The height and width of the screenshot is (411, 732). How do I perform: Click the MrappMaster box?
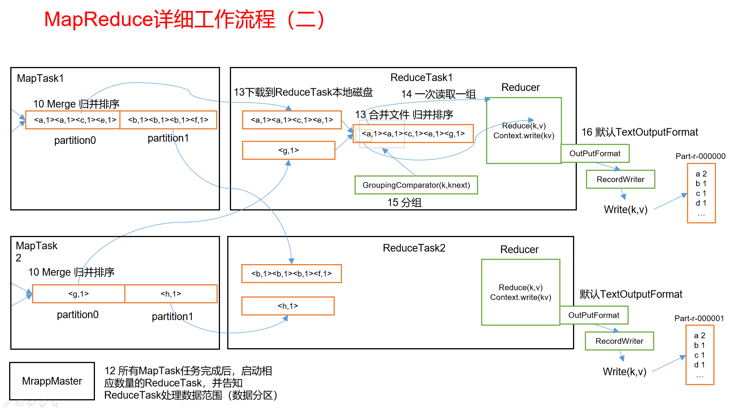pyautogui.click(x=52, y=381)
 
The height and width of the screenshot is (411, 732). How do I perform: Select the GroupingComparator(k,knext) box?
pyautogui.click(x=416, y=185)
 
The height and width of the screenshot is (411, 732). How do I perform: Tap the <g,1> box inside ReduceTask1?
pyautogui.click(x=289, y=150)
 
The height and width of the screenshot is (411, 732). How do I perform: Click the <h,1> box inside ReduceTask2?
pyautogui.click(x=288, y=306)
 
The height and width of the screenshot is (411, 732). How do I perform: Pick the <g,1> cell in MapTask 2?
pyautogui.click(x=79, y=294)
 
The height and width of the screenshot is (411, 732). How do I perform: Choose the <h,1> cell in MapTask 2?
pyautogui.click(x=171, y=294)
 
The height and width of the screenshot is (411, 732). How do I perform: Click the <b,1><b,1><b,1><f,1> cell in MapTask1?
pyautogui.click(x=168, y=120)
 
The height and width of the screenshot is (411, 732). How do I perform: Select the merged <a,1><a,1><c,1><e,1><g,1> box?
pyautogui.click(x=413, y=134)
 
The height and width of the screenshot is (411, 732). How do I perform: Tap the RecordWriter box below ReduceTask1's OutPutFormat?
pyautogui.click(x=620, y=179)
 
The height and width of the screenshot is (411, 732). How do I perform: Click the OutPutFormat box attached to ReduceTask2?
pyautogui.click(x=594, y=315)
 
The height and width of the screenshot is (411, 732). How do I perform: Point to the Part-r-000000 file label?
pyautogui.click(x=700, y=156)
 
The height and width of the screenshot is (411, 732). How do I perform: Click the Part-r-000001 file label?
pyautogui.click(x=699, y=318)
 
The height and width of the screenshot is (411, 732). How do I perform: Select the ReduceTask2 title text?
pyautogui.click(x=414, y=248)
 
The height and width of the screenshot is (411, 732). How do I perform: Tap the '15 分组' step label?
pyautogui.click(x=405, y=202)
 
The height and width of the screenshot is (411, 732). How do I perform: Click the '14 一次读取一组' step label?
pyautogui.click(x=438, y=94)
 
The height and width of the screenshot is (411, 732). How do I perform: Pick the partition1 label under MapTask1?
pyautogui.click(x=168, y=138)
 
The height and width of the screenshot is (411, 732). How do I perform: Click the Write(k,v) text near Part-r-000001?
pyautogui.click(x=624, y=371)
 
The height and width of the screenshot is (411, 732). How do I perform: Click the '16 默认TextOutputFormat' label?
pyautogui.click(x=639, y=132)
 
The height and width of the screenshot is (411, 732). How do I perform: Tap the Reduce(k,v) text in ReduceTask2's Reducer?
pyautogui.click(x=520, y=287)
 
